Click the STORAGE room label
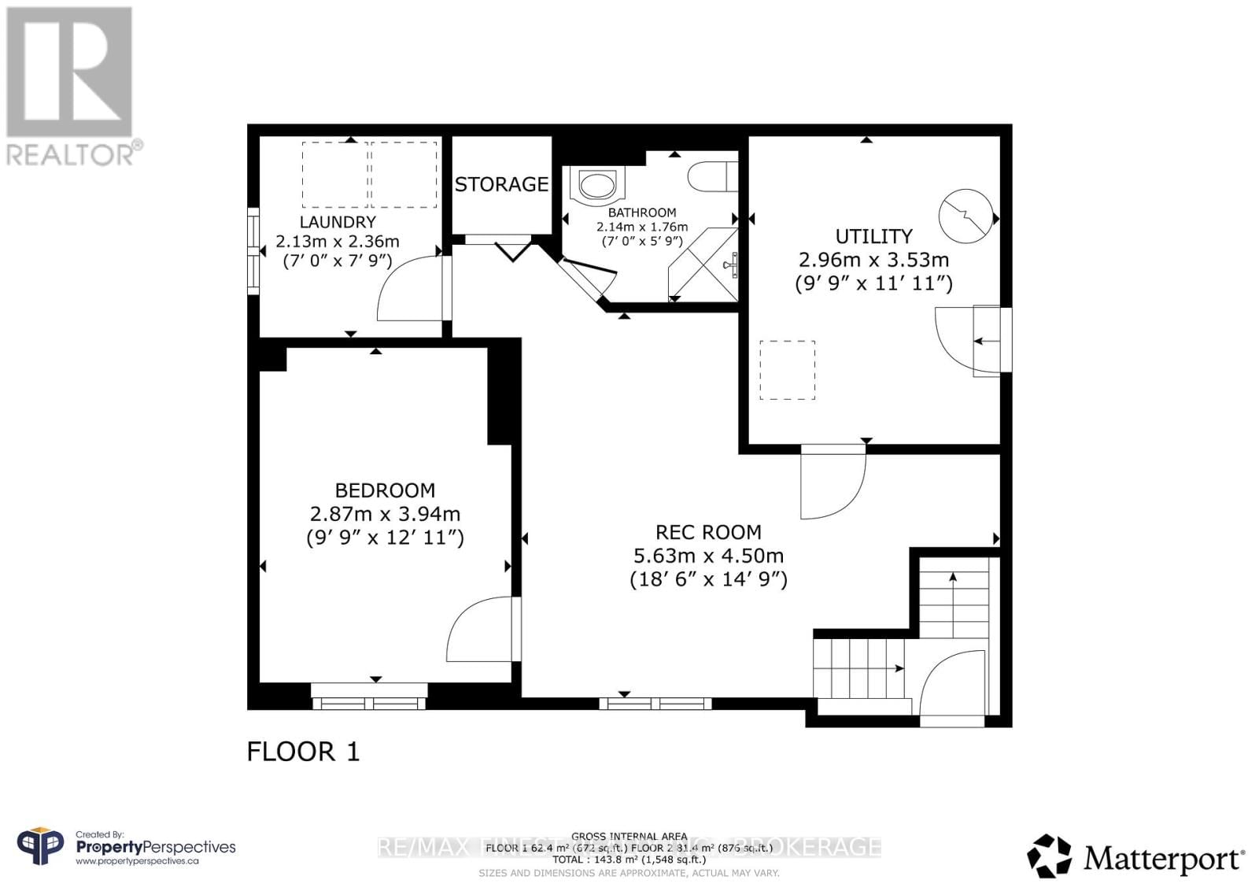501,184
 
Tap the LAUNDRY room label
338,223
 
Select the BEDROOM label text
385,490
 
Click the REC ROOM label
708,532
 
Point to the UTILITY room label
873,236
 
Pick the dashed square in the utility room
787,370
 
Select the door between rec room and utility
833,482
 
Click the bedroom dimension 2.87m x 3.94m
385,514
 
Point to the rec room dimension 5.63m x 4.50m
708,556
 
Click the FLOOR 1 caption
303,752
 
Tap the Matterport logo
1135,856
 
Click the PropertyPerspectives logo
126,848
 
